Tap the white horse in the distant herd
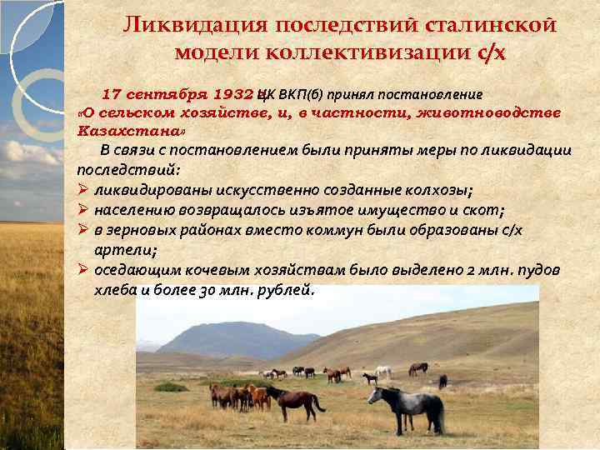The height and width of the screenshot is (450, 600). pos(383,371)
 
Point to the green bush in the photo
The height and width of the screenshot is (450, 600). pos(171,387)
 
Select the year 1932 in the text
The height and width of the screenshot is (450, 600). pos(234,93)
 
